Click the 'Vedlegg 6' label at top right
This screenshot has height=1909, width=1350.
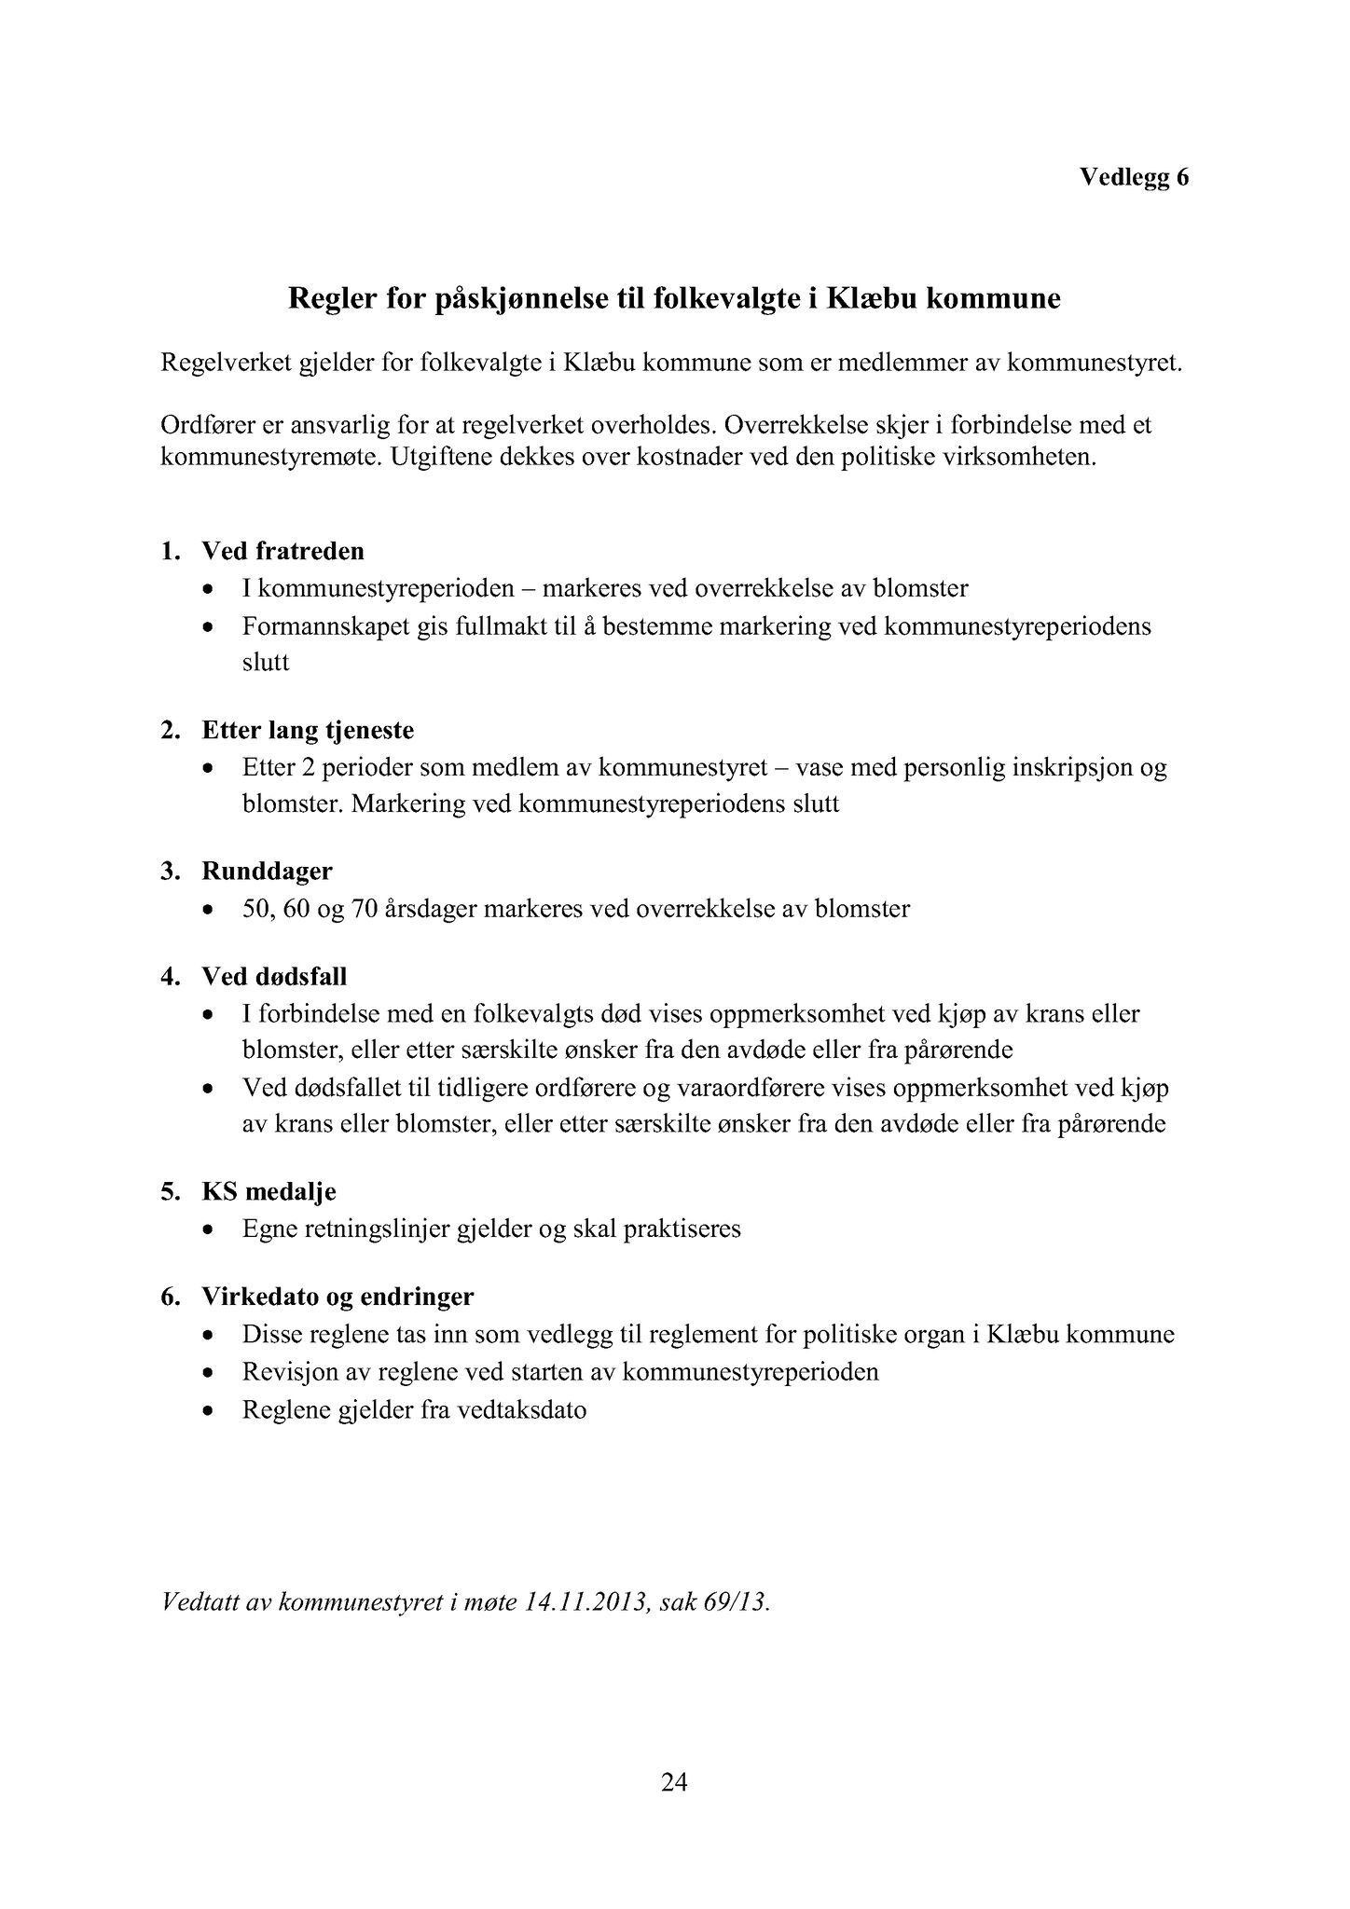[x=1134, y=177]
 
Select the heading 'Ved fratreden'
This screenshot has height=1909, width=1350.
[x=282, y=551]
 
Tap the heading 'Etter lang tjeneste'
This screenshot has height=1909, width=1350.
[x=308, y=730]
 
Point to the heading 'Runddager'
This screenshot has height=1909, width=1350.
[x=267, y=872]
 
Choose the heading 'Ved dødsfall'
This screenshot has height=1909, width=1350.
[x=274, y=977]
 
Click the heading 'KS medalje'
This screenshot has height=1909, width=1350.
[x=269, y=1191]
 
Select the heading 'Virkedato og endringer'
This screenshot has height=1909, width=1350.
[x=337, y=1297]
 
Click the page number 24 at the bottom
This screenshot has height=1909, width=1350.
[x=674, y=1782]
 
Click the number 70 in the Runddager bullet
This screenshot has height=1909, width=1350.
[x=364, y=909]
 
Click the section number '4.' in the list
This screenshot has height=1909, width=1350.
[x=170, y=977]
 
